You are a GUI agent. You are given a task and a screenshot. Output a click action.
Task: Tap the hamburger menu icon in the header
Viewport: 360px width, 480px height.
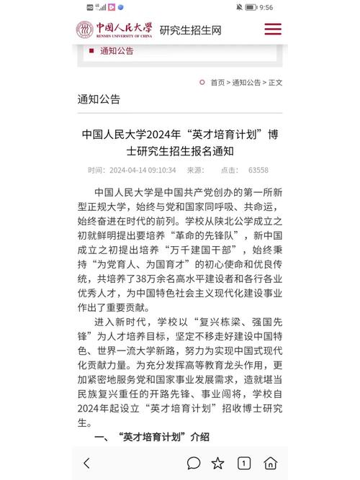coord(273,30)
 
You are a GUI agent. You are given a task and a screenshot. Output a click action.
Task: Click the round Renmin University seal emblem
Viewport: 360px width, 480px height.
coord(86,30)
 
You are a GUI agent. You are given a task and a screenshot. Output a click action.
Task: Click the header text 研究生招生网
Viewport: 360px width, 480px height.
coord(191,30)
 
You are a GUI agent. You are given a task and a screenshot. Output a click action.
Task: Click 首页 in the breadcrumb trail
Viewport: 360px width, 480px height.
coord(217,83)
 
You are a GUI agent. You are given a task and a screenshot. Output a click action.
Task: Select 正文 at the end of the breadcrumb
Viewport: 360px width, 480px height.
coord(275,83)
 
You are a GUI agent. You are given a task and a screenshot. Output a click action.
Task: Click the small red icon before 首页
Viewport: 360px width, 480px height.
coord(202,83)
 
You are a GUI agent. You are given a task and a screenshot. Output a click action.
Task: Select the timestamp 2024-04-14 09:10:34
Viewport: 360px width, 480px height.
coord(142,171)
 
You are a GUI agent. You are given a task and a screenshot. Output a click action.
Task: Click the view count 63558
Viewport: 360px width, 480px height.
coord(258,171)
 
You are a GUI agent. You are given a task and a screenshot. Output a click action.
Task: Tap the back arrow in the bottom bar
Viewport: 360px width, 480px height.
coord(87,463)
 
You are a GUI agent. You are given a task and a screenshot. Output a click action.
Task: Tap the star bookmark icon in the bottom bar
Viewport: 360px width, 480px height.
coord(217,463)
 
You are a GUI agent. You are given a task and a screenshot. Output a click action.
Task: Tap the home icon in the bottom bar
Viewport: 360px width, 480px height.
coord(270,463)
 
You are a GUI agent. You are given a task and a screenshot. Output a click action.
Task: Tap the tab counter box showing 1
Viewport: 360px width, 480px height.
coord(244,463)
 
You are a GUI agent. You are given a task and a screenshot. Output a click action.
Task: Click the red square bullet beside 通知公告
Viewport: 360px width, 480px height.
coord(91,51)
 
